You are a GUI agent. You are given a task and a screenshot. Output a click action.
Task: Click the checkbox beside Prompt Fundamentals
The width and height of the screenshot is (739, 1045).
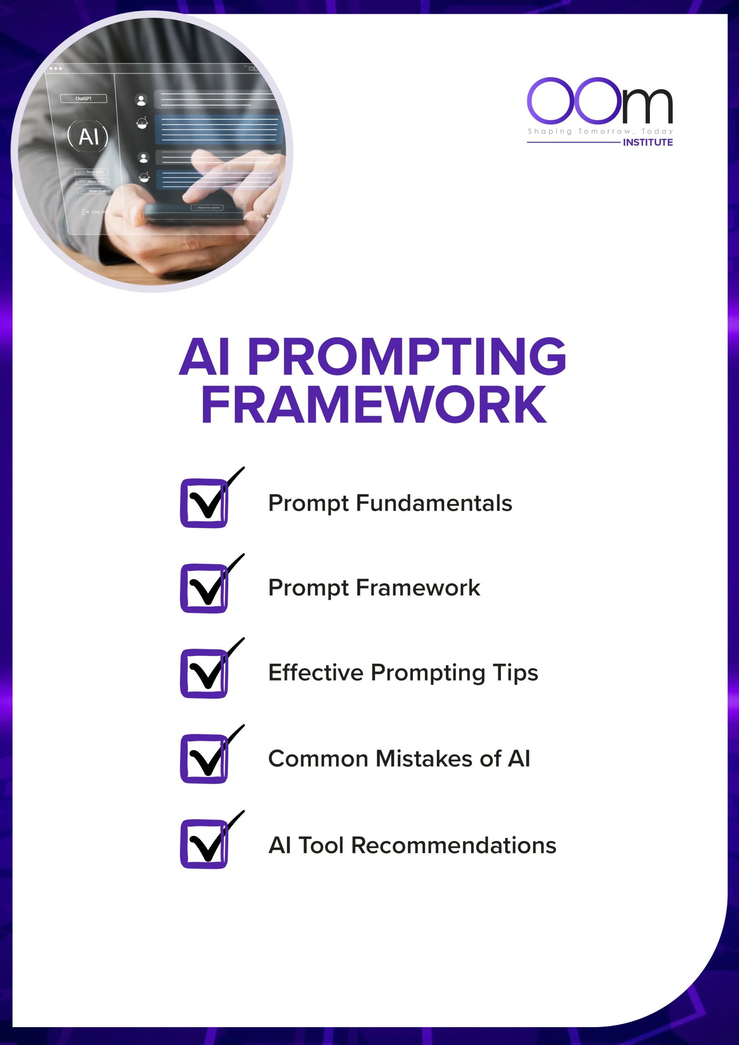click(204, 503)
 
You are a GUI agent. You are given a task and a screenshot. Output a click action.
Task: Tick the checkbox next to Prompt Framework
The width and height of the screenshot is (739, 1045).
click(204, 588)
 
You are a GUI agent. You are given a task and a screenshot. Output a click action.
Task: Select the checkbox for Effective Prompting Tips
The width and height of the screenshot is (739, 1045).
click(204, 673)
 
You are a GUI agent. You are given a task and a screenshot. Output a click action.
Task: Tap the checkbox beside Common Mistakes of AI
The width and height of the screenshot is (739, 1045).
click(204, 758)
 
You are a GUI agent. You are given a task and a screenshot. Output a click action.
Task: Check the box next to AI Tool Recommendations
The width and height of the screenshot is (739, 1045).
click(204, 844)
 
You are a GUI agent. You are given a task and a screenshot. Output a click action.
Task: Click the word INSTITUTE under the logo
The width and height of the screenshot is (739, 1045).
click(648, 142)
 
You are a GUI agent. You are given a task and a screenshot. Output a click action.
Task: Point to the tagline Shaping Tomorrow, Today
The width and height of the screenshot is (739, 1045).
click(600, 131)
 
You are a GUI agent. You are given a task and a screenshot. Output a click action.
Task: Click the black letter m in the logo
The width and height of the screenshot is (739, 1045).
click(647, 106)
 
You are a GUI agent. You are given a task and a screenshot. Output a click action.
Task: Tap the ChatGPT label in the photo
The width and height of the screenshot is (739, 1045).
click(83, 99)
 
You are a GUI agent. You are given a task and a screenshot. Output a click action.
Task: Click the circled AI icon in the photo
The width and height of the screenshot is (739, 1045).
click(88, 136)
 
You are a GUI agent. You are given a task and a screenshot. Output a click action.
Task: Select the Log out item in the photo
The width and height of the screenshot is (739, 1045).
click(95, 211)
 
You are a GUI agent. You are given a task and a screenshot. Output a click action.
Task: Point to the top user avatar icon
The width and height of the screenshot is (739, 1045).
click(141, 100)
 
